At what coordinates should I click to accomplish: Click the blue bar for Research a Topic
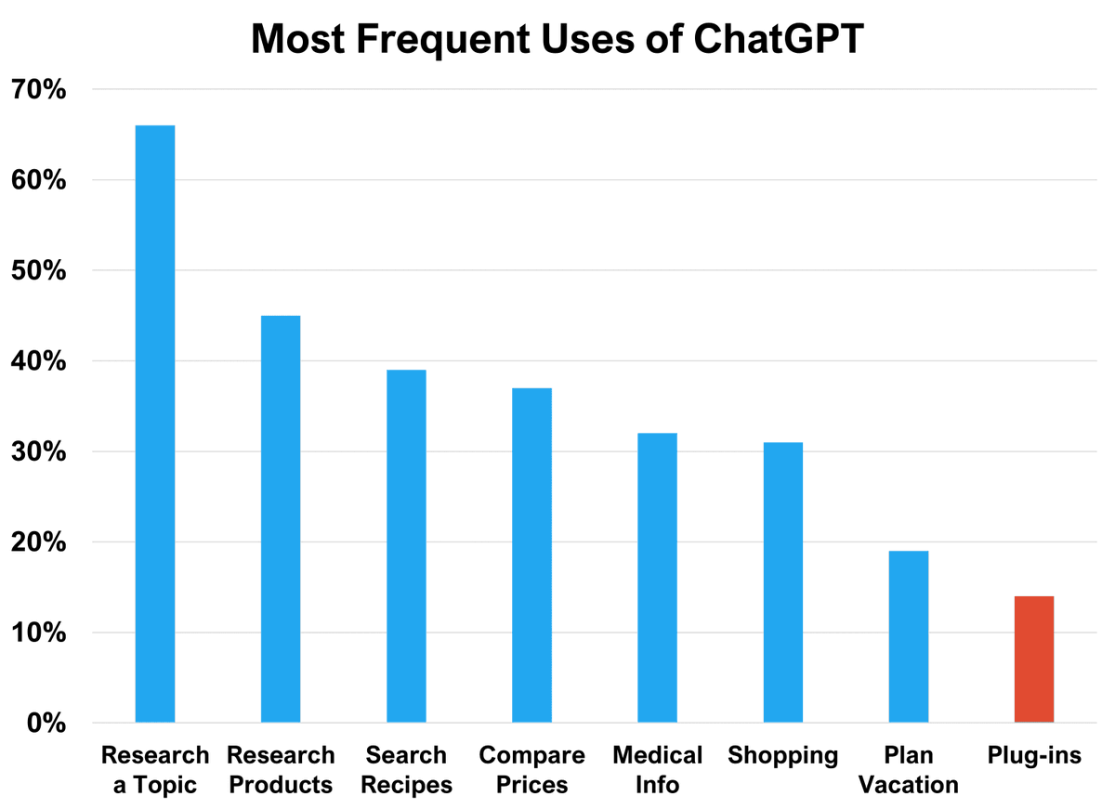[x=154, y=424]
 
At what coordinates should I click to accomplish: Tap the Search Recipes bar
[x=406, y=546]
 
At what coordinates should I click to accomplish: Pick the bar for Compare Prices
[x=531, y=555]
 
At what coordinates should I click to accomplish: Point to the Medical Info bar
[x=657, y=578]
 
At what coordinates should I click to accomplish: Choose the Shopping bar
[x=782, y=582]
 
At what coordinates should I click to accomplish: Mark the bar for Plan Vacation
[x=908, y=636]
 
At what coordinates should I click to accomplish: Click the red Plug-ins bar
[x=1033, y=659]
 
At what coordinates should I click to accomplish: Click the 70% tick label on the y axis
[x=38, y=90]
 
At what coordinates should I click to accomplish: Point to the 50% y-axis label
[x=38, y=271]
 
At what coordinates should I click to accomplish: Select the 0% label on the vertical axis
[x=45, y=723]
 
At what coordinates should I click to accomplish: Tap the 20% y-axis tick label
[x=38, y=542]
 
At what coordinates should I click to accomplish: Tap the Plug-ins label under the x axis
[x=1033, y=755]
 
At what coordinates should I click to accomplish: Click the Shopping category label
[x=782, y=755]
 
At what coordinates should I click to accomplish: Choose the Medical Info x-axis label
[x=657, y=769]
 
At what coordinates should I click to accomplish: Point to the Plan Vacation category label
[x=908, y=769]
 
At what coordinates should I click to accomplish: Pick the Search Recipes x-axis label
[x=406, y=769]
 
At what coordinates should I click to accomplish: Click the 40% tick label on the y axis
[x=38, y=361]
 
